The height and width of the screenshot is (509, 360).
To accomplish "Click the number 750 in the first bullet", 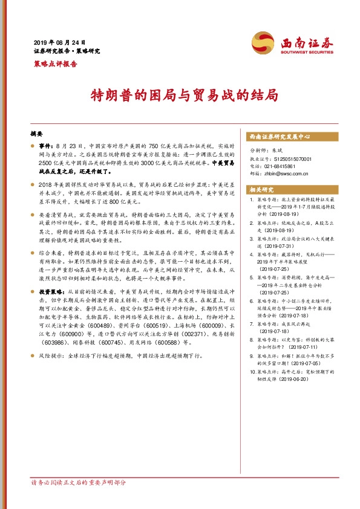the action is (x=154, y=146).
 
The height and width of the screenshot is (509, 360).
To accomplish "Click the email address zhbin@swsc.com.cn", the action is (x=286, y=173).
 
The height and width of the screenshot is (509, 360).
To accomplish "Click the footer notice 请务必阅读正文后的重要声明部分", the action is (x=79, y=499).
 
